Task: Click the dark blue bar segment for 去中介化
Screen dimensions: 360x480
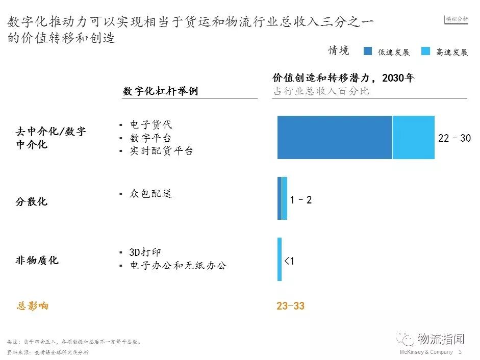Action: pos(335,137)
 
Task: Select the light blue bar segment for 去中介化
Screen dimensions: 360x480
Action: pos(414,137)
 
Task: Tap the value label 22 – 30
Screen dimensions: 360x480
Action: pos(454,138)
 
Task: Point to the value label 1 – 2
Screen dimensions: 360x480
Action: pos(300,200)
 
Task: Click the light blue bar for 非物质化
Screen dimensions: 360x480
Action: pos(280,259)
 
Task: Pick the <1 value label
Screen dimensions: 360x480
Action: pos(289,261)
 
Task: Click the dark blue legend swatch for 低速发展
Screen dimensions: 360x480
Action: pos(368,51)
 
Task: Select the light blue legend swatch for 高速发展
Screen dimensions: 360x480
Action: pos(426,51)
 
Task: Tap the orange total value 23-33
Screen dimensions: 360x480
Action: pos(291,306)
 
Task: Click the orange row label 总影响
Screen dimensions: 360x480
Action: pos(33,306)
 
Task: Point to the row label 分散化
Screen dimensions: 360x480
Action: pos(31,201)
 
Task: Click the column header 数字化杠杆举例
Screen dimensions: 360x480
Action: pos(160,91)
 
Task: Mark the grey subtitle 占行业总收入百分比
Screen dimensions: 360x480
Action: pos(321,91)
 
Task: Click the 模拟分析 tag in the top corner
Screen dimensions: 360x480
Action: pos(457,19)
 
